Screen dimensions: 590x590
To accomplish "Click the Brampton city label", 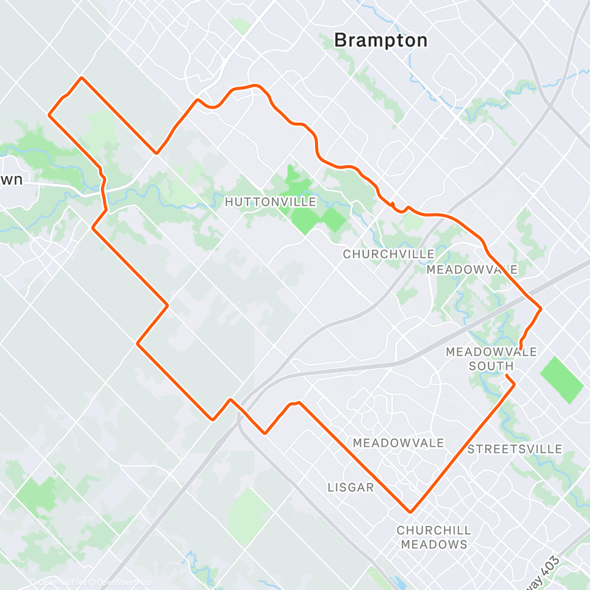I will (381, 40).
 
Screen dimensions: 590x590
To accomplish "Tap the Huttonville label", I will (271, 202).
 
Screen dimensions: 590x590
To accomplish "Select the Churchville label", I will (389, 254).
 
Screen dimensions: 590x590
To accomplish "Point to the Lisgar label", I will (350, 487).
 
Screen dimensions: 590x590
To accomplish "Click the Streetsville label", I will (514, 450).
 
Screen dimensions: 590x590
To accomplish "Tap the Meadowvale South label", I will (491, 359).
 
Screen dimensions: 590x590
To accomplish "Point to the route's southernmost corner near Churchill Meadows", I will (409, 512).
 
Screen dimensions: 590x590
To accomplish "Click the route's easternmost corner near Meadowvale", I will (540, 308).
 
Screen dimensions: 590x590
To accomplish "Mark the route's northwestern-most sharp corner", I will (81, 78).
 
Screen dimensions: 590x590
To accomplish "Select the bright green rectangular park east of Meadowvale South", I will (562, 380).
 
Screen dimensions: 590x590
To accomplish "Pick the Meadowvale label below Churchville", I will (472, 270).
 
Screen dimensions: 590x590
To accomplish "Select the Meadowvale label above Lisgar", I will (398, 442).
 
